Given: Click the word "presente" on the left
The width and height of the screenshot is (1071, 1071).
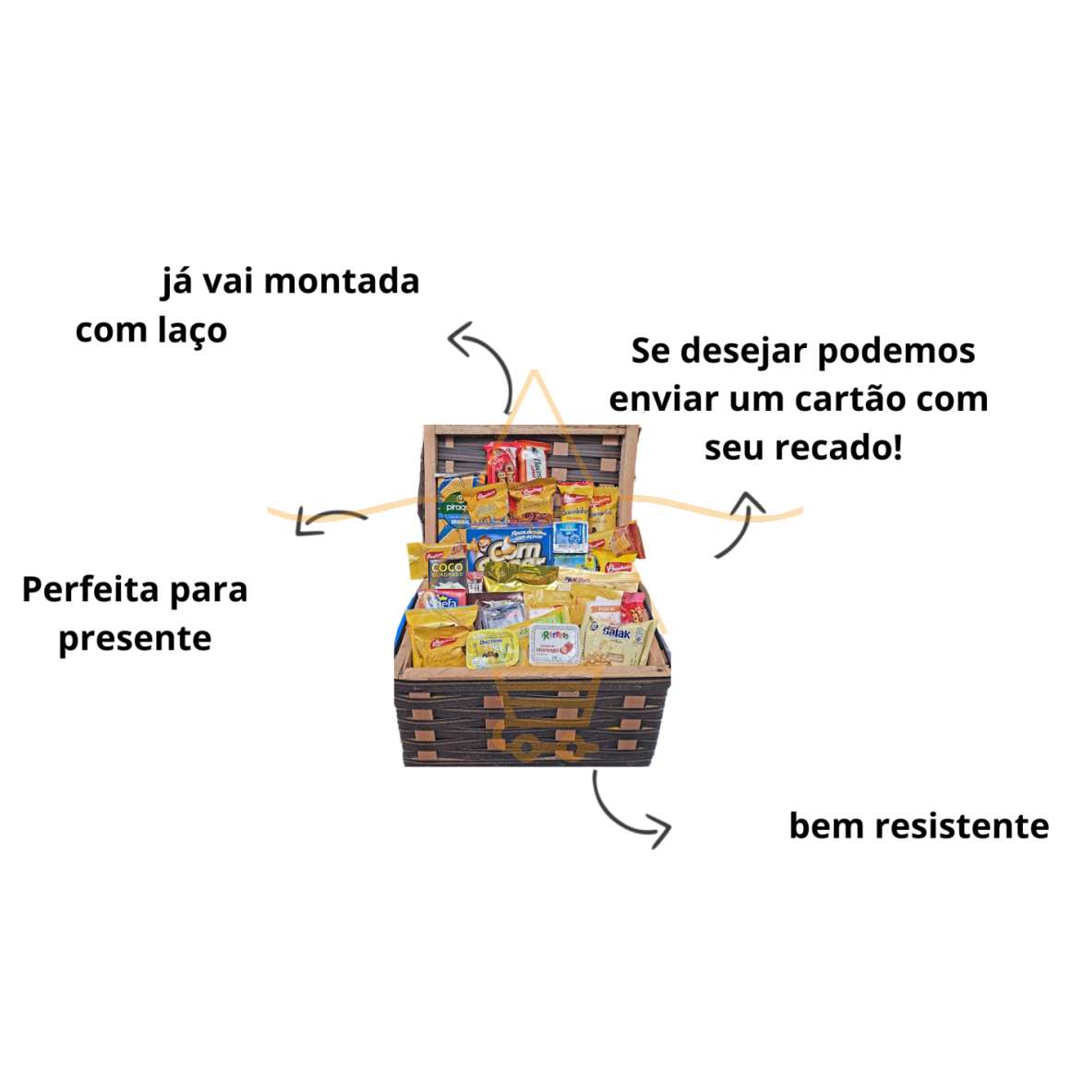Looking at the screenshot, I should pyautogui.click(x=135, y=639).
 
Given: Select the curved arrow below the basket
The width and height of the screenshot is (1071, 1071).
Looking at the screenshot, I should pyautogui.click(x=627, y=812).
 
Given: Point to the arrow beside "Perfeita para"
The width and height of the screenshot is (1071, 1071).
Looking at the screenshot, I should pyautogui.click(x=328, y=521).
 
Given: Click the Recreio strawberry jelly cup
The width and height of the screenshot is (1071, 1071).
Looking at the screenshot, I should pyautogui.click(x=554, y=644).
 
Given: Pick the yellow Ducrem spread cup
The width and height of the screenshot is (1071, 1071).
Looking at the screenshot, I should pyautogui.click(x=490, y=649).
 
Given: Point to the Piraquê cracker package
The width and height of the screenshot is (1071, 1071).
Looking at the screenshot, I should pyautogui.click(x=454, y=504).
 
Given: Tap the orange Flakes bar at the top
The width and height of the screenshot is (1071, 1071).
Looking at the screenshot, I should pyautogui.click(x=535, y=462).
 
